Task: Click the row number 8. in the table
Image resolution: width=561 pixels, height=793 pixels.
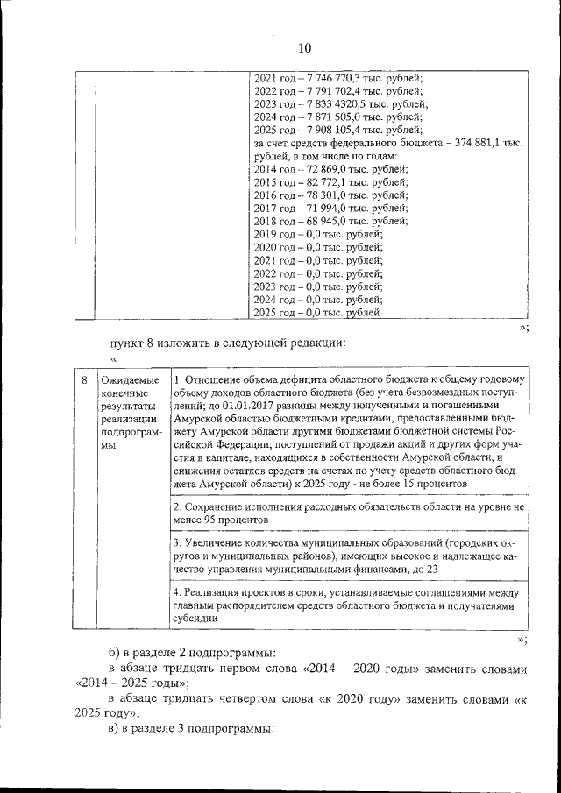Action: [x=86, y=380]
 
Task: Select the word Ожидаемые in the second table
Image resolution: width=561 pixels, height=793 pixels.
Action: [x=129, y=380]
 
